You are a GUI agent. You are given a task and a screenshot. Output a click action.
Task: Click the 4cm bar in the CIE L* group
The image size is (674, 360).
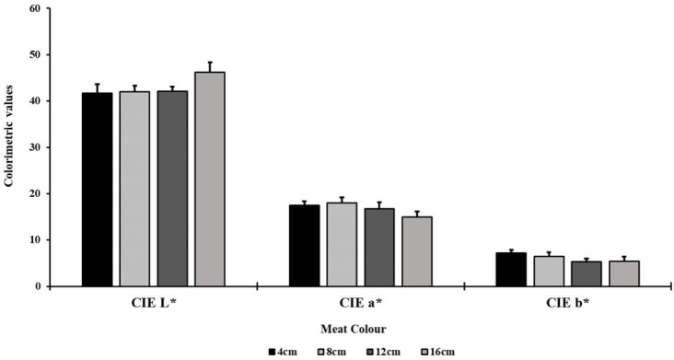pyautogui.click(x=98, y=190)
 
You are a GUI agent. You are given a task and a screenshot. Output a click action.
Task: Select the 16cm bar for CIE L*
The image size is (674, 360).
pyautogui.click(x=210, y=180)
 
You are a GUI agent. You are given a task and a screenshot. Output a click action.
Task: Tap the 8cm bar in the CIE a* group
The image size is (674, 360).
pyautogui.click(x=342, y=244)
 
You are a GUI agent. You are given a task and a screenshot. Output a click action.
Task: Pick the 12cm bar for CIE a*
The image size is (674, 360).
pyautogui.click(x=379, y=248)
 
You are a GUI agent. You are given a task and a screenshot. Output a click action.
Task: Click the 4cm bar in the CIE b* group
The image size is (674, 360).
pyautogui.click(x=511, y=270)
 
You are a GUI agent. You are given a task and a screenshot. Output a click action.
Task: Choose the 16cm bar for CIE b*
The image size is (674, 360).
pyautogui.click(x=623, y=273)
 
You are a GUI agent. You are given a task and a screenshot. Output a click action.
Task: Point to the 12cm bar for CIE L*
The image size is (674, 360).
pyautogui.click(x=172, y=189)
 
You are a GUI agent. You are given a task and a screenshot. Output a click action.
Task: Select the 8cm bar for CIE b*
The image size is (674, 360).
pyautogui.click(x=549, y=272)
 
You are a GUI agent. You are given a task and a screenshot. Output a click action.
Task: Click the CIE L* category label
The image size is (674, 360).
pyautogui.click(x=154, y=303)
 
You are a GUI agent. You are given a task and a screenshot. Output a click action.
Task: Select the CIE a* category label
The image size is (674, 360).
pyautogui.click(x=361, y=303)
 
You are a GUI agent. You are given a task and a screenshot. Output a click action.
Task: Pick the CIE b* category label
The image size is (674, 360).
pyautogui.click(x=567, y=303)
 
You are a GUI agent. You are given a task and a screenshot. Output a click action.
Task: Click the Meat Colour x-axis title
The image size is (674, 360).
pyautogui.click(x=354, y=330)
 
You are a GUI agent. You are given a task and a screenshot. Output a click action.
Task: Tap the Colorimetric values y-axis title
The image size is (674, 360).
pyautogui.click(x=8, y=135)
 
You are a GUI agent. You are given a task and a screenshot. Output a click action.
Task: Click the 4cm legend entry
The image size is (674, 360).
pyautogui.click(x=282, y=353)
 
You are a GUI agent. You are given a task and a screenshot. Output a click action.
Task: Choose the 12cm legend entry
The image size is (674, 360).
pyautogui.click(x=382, y=353)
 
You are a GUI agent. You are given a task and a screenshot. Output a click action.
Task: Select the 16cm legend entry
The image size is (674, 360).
pyautogui.click(x=436, y=353)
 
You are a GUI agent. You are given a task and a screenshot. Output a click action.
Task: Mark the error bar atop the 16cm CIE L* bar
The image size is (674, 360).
pyautogui.click(x=210, y=67)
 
